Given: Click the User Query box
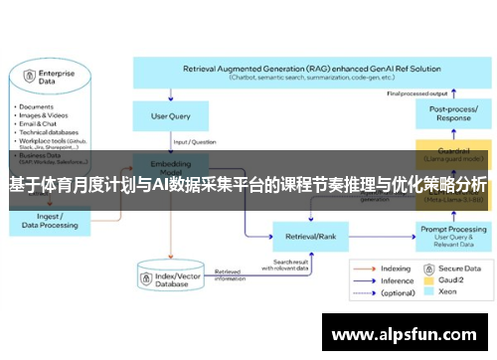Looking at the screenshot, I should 170,116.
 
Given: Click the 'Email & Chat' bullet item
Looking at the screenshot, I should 37,122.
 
